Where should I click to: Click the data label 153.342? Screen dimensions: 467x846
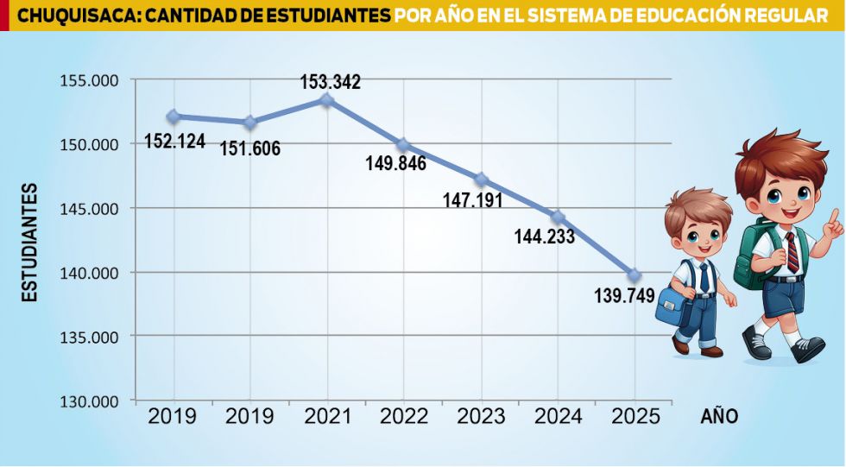click(x=330, y=83)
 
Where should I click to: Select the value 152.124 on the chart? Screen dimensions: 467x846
click(x=174, y=140)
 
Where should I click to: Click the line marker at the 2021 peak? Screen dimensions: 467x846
click(x=326, y=100)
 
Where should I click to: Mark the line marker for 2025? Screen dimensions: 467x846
click(x=634, y=275)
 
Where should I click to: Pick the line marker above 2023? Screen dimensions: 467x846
click(x=481, y=180)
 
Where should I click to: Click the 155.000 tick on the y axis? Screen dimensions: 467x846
click(x=89, y=80)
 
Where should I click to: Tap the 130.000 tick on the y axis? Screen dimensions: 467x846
click(x=89, y=401)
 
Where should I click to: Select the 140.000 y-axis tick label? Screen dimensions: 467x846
click(x=89, y=273)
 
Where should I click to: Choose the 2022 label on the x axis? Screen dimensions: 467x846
click(x=404, y=417)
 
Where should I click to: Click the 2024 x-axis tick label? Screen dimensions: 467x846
click(x=559, y=417)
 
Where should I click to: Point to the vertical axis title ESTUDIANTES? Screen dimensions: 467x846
click(x=30, y=242)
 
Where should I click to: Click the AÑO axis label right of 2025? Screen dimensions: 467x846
click(x=718, y=417)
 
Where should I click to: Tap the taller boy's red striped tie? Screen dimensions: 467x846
click(x=792, y=251)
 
